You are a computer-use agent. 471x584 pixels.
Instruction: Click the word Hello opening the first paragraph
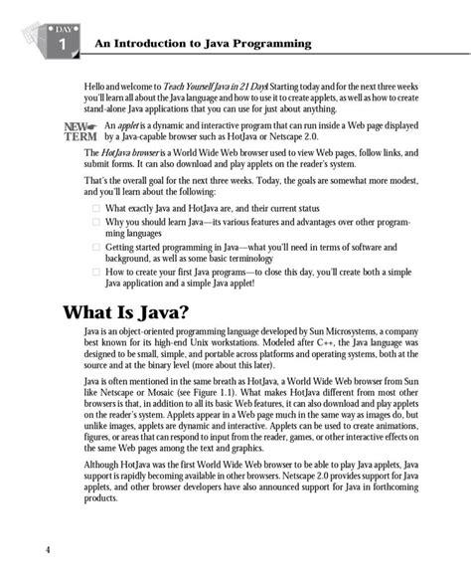pyautogui.click(x=96, y=89)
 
